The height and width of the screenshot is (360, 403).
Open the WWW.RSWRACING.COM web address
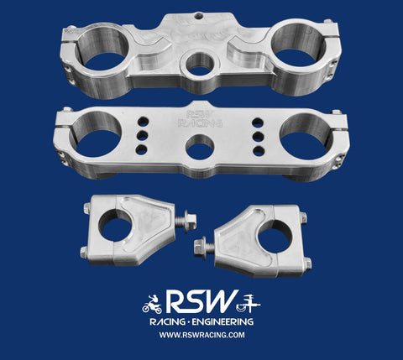(201, 336)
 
